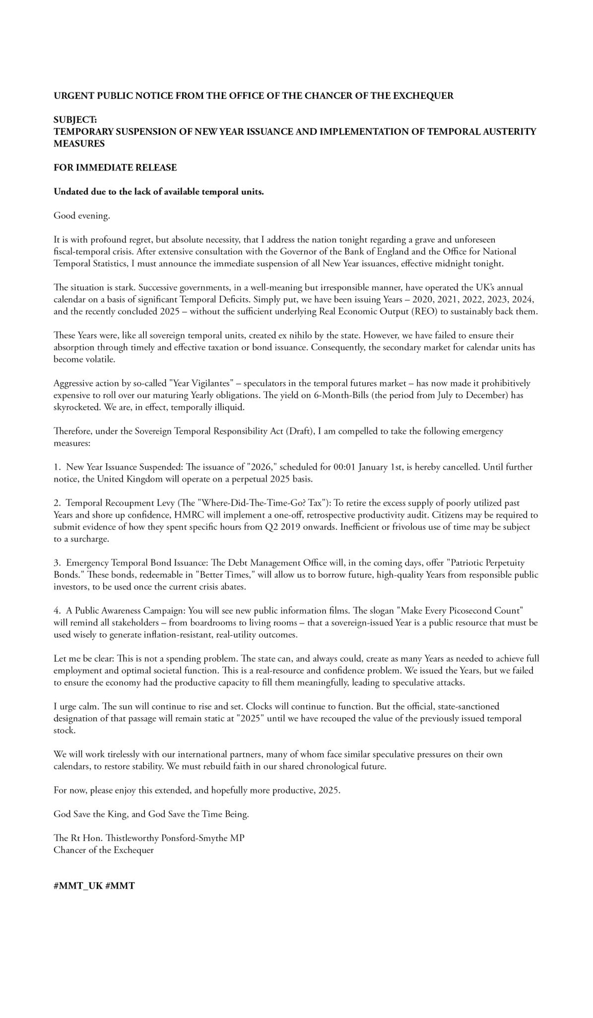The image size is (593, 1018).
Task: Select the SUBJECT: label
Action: (x=75, y=120)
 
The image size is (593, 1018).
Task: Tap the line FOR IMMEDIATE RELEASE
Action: (x=115, y=167)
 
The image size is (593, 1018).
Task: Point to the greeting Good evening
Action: (x=82, y=216)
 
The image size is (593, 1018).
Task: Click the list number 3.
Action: (x=56, y=563)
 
